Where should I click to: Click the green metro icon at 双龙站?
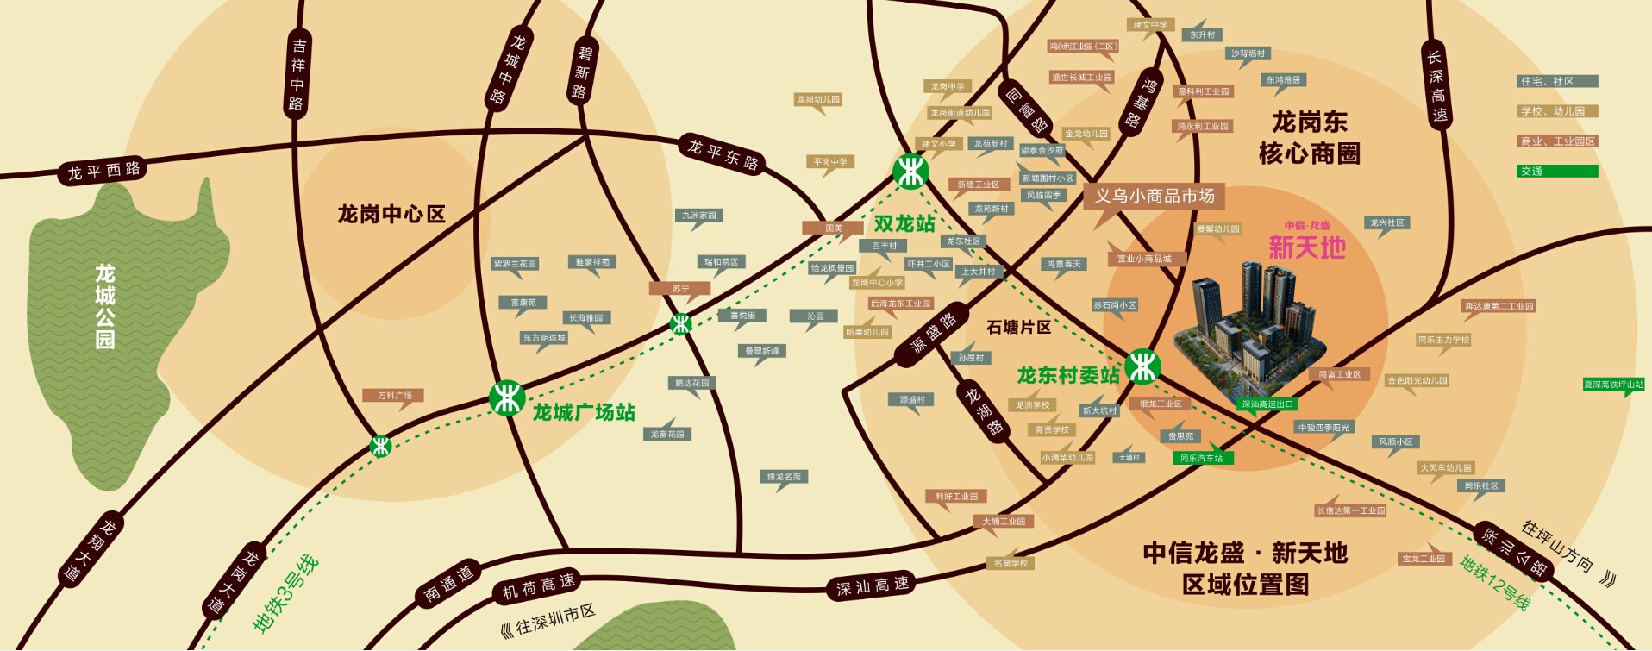pyautogui.click(x=910, y=171)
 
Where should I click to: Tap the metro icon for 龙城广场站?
pyautogui.click(x=507, y=398)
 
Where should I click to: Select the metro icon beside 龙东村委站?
pyautogui.click(x=1142, y=366)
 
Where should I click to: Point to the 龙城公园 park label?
pyautogui.click(x=105, y=306)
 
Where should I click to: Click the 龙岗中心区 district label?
pyautogui.click(x=391, y=214)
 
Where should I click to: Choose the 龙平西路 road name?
pyautogui.click(x=104, y=170)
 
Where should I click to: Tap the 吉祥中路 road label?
pyautogui.click(x=297, y=74)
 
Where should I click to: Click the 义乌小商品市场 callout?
pyautogui.click(x=1155, y=197)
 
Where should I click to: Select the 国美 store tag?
pyautogui.click(x=833, y=228)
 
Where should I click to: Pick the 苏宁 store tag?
pyautogui.click(x=680, y=289)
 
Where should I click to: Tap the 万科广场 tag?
pyautogui.click(x=394, y=396)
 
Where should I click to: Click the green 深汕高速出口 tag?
pyautogui.click(x=1267, y=404)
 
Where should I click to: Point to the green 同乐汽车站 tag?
pyautogui.click(x=1201, y=458)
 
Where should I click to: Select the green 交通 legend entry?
pyautogui.click(x=1557, y=171)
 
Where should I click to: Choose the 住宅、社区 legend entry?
pyautogui.click(x=1557, y=81)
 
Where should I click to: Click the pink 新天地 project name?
pyautogui.click(x=1307, y=247)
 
